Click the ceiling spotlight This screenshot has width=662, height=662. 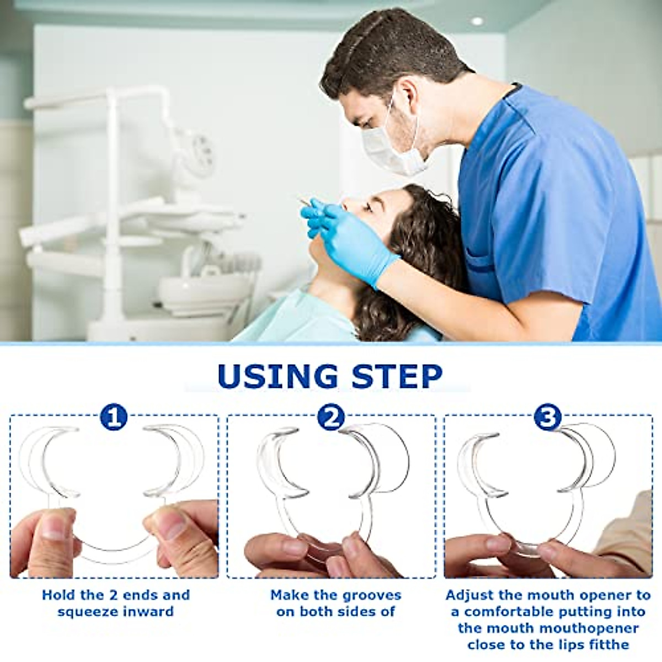pos(477,21)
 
